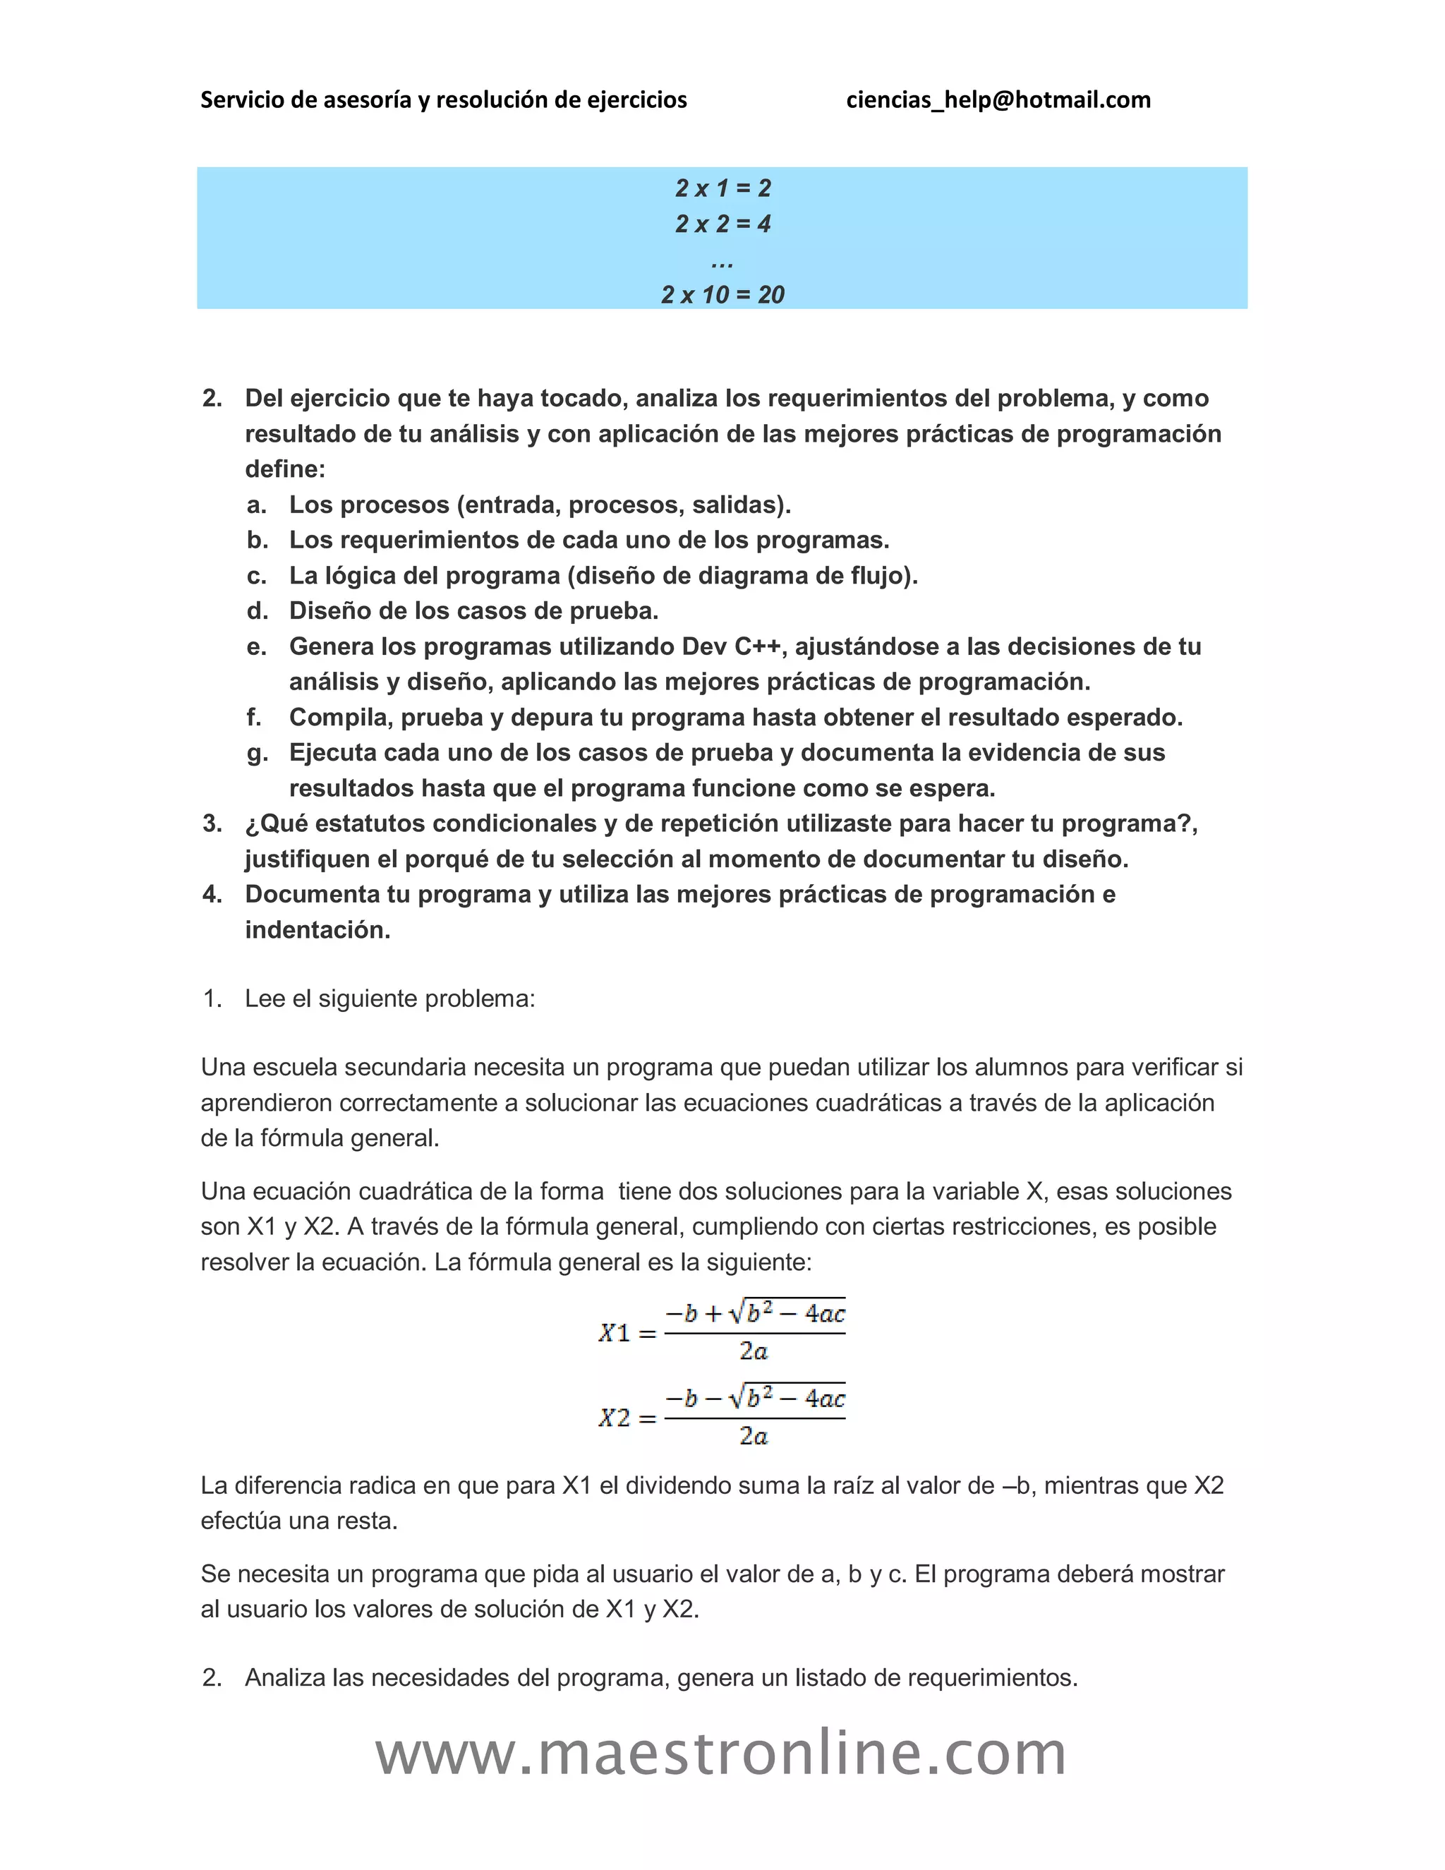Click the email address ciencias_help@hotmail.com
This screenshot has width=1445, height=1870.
pos(998,100)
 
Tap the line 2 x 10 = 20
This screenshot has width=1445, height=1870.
pos(722,294)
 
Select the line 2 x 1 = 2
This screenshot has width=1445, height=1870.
pos(722,188)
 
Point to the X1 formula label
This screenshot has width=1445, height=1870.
pos(615,1333)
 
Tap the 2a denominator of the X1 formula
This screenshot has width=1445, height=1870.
pos(754,1352)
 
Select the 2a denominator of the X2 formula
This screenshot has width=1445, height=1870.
pos(754,1437)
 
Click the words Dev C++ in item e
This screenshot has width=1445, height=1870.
pos(731,646)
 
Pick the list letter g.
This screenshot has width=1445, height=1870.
pos(256,754)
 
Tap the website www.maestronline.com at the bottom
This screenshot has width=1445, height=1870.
pos(721,1754)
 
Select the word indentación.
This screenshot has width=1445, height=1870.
pos(318,930)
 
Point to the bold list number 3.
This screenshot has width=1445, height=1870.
pos(212,824)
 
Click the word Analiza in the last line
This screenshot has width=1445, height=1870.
pos(285,1677)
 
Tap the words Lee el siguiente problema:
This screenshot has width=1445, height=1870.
pos(389,999)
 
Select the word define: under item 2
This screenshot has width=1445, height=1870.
pos(285,469)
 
